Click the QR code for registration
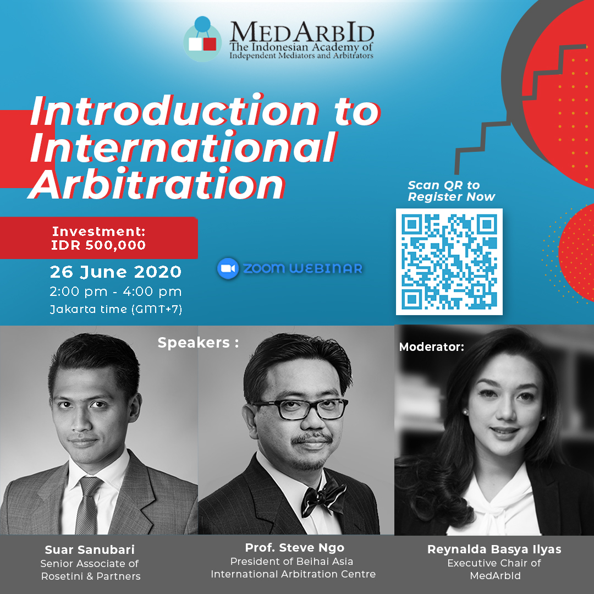(449, 261)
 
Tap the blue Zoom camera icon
(228, 268)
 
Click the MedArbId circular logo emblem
(202, 40)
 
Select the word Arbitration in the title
(156, 184)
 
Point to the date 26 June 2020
(116, 272)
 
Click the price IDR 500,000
(98, 245)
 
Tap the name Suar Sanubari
(90, 549)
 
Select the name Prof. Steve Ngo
(295, 547)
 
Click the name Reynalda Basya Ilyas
(494, 549)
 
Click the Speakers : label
(198, 343)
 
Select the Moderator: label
(432, 346)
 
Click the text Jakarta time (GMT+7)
(116, 310)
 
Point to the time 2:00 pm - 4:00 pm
(116, 291)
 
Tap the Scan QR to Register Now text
(451, 190)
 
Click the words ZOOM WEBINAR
(302, 268)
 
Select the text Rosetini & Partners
(91, 576)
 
